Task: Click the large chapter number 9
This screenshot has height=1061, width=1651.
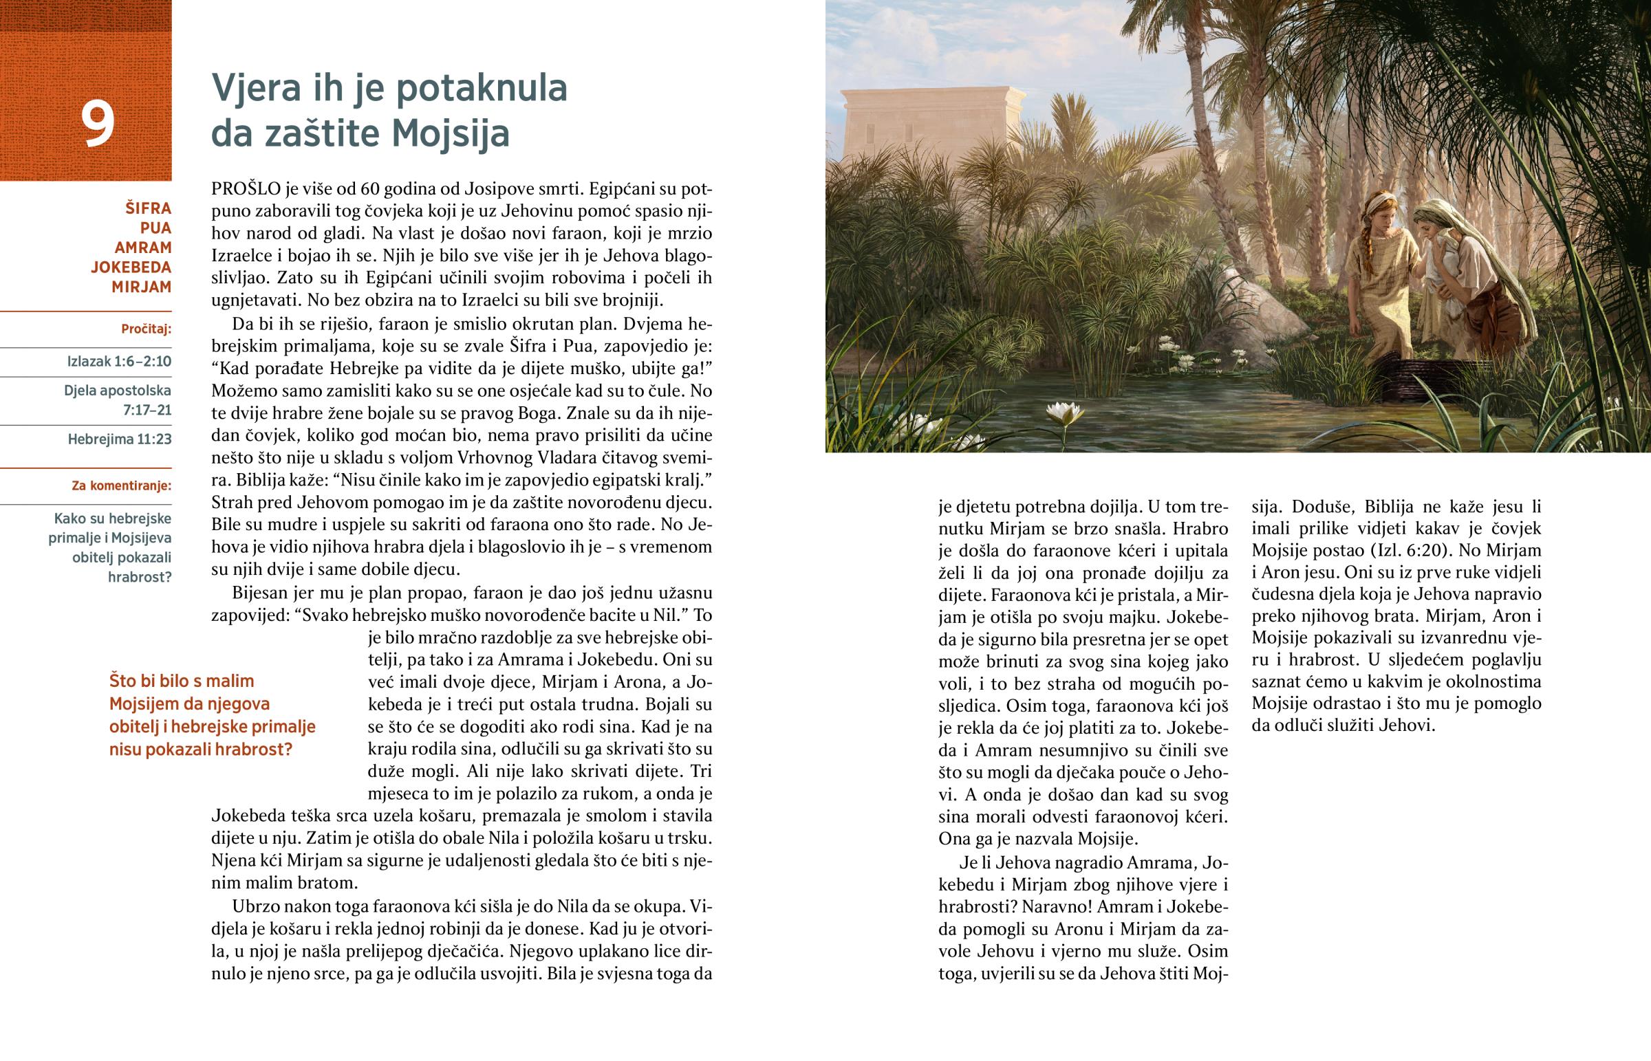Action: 98,124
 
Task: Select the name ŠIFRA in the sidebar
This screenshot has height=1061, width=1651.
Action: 148,208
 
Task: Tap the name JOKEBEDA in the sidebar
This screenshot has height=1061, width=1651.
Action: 131,267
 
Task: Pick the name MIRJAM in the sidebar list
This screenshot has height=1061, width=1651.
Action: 141,287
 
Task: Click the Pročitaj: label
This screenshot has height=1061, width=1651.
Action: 146,329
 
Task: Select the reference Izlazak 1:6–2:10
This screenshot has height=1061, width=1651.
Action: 119,362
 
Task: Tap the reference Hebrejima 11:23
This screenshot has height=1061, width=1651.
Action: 119,439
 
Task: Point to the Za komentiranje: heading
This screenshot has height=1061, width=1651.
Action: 121,485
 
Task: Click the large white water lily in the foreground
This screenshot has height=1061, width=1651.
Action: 1065,413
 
